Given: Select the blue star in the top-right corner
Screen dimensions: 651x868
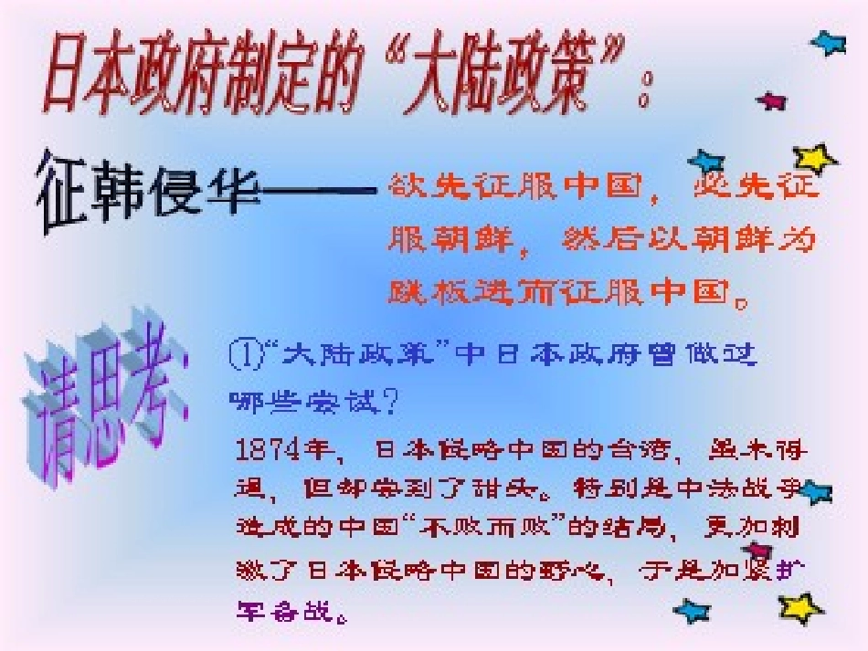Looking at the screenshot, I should pos(828,42).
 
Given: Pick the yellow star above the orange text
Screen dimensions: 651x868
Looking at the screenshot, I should pos(813,159).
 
